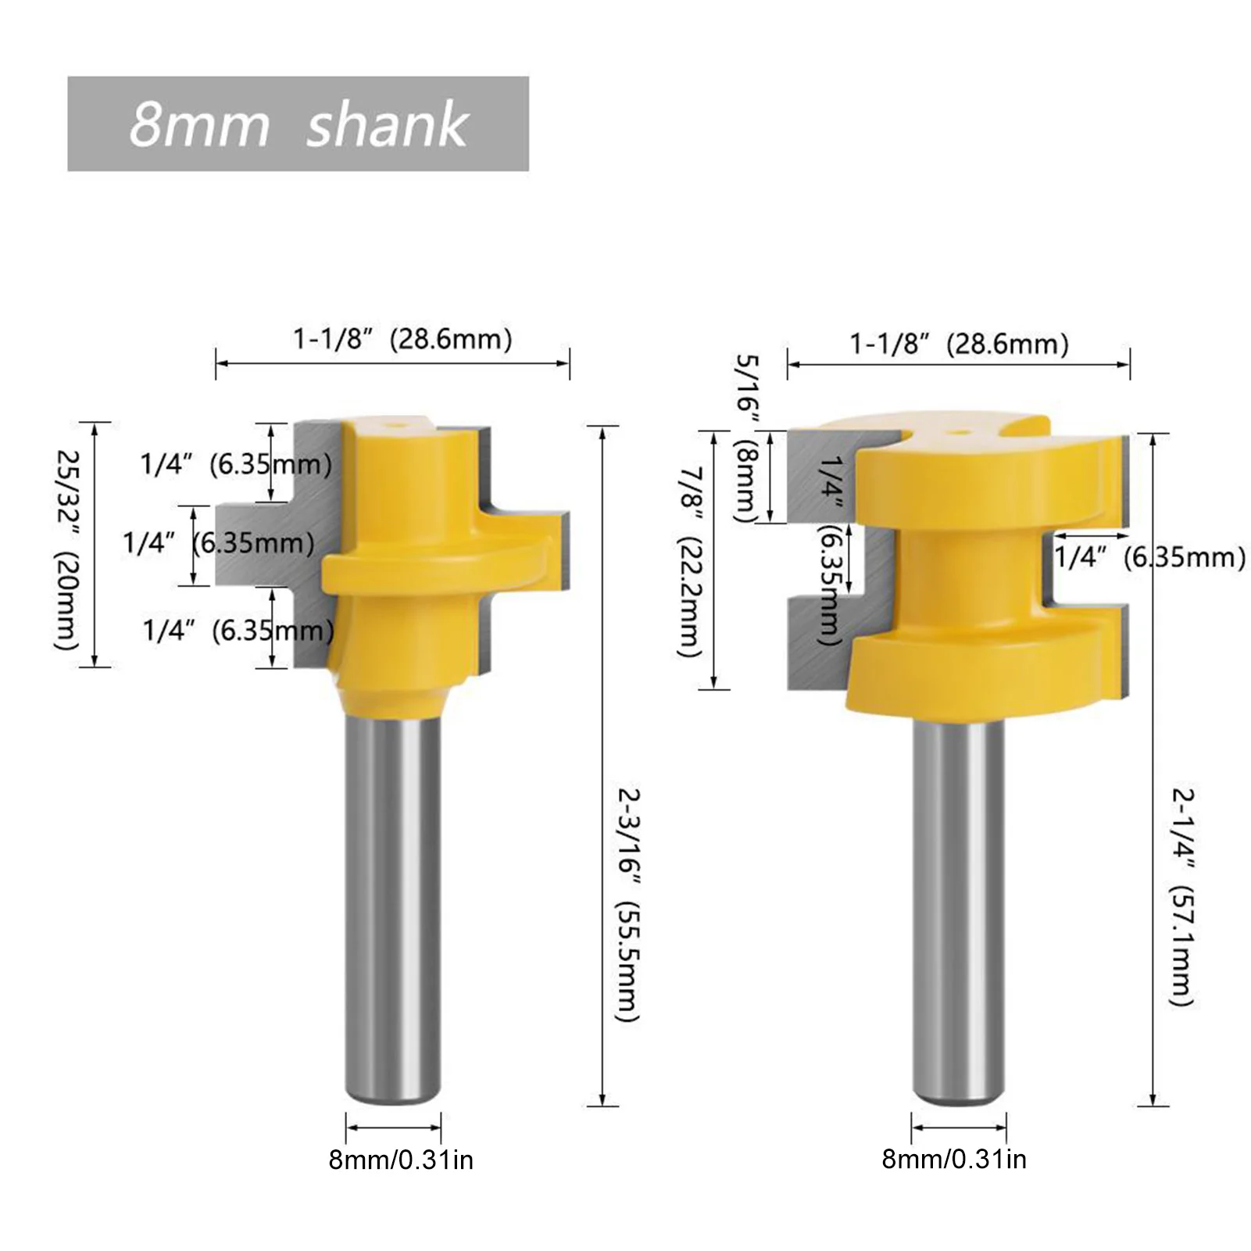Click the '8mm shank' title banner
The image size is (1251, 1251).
[298, 123]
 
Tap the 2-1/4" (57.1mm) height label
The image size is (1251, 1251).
[1183, 896]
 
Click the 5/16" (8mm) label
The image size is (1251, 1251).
[745, 438]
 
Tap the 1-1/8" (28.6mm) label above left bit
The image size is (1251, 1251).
[402, 339]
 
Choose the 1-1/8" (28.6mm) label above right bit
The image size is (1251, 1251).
[959, 344]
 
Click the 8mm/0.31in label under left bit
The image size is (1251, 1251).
[401, 1160]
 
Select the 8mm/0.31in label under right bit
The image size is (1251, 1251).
[954, 1159]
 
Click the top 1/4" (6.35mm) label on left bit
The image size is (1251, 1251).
[236, 464]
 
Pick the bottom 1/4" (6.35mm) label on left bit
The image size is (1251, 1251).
[238, 630]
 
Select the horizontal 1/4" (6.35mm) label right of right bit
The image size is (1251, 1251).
[1149, 557]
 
